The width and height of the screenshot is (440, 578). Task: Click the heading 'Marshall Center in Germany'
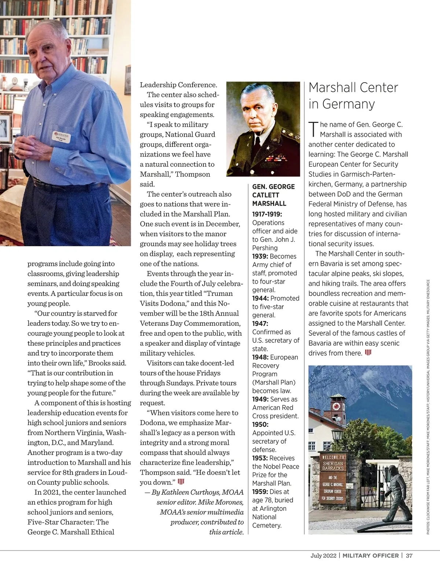(353, 96)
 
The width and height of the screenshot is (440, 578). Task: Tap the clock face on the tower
(335, 406)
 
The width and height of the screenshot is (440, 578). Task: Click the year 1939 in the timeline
(260, 256)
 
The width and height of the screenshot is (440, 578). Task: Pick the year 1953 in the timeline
(260, 458)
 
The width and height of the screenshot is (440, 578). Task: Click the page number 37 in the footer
(409, 556)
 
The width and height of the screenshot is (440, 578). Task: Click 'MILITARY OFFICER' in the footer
(370, 556)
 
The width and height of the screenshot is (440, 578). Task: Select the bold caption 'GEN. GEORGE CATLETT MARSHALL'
(273, 195)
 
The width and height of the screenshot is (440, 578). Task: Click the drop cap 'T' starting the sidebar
(313, 129)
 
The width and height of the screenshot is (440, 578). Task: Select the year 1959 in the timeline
(260, 492)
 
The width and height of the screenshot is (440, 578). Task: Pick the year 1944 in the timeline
(260, 298)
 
